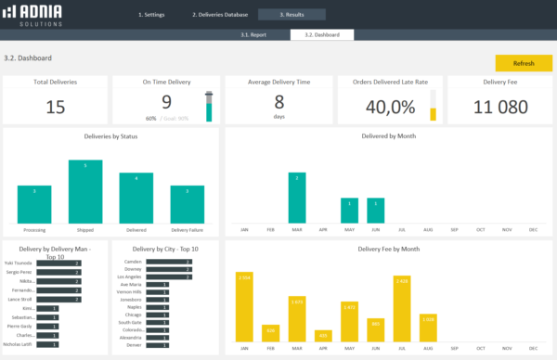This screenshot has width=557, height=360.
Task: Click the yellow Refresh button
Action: [524, 63]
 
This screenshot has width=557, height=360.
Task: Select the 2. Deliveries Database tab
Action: [220, 15]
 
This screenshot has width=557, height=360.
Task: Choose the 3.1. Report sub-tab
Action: [253, 34]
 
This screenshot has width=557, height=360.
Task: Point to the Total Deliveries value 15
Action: [55, 107]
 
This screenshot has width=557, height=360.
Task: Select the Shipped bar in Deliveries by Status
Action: [85, 191]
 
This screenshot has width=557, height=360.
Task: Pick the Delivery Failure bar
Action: [188, 204]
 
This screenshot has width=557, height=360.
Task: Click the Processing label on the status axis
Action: [34, 229]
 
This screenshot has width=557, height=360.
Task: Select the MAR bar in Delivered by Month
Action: [296, 197]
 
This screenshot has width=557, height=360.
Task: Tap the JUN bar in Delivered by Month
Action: [375, 210]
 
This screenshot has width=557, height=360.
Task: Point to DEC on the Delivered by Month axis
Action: [533, 228]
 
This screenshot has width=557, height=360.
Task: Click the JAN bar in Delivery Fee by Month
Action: [244, 306]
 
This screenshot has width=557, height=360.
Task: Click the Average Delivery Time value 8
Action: [278, 102]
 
